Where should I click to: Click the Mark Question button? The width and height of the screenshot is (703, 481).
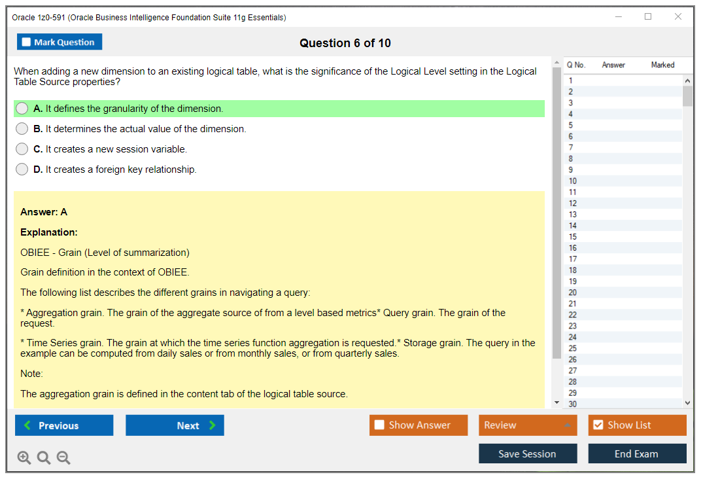[60, 42]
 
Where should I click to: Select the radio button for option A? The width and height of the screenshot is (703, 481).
[22, 109]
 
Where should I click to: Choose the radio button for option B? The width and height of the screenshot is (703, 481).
[22, 129]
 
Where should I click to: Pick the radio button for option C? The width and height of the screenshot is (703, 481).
[22, 149]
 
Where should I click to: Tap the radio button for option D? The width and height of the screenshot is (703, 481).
[22, 169]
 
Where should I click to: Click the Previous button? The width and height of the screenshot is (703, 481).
[64, 425]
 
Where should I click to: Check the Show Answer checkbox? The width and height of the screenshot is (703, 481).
[379, 425]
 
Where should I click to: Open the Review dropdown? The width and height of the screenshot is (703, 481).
[528, 425]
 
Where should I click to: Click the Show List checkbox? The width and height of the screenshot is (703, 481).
[598, 425]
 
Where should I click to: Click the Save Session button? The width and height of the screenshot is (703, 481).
[528, 454]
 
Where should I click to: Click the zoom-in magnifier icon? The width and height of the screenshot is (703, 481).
[24, 457]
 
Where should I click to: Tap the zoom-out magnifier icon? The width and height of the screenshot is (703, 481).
[63, 457]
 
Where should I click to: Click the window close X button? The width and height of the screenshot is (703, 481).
[678, 16]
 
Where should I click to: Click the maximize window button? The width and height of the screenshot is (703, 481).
[648, 16]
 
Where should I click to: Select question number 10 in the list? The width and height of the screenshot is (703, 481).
[572, 181]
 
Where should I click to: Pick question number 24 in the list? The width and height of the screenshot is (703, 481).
[572, 338]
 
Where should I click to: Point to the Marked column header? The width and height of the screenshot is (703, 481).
[662, 65]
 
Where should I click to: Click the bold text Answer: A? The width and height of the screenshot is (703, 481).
[44, 212]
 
